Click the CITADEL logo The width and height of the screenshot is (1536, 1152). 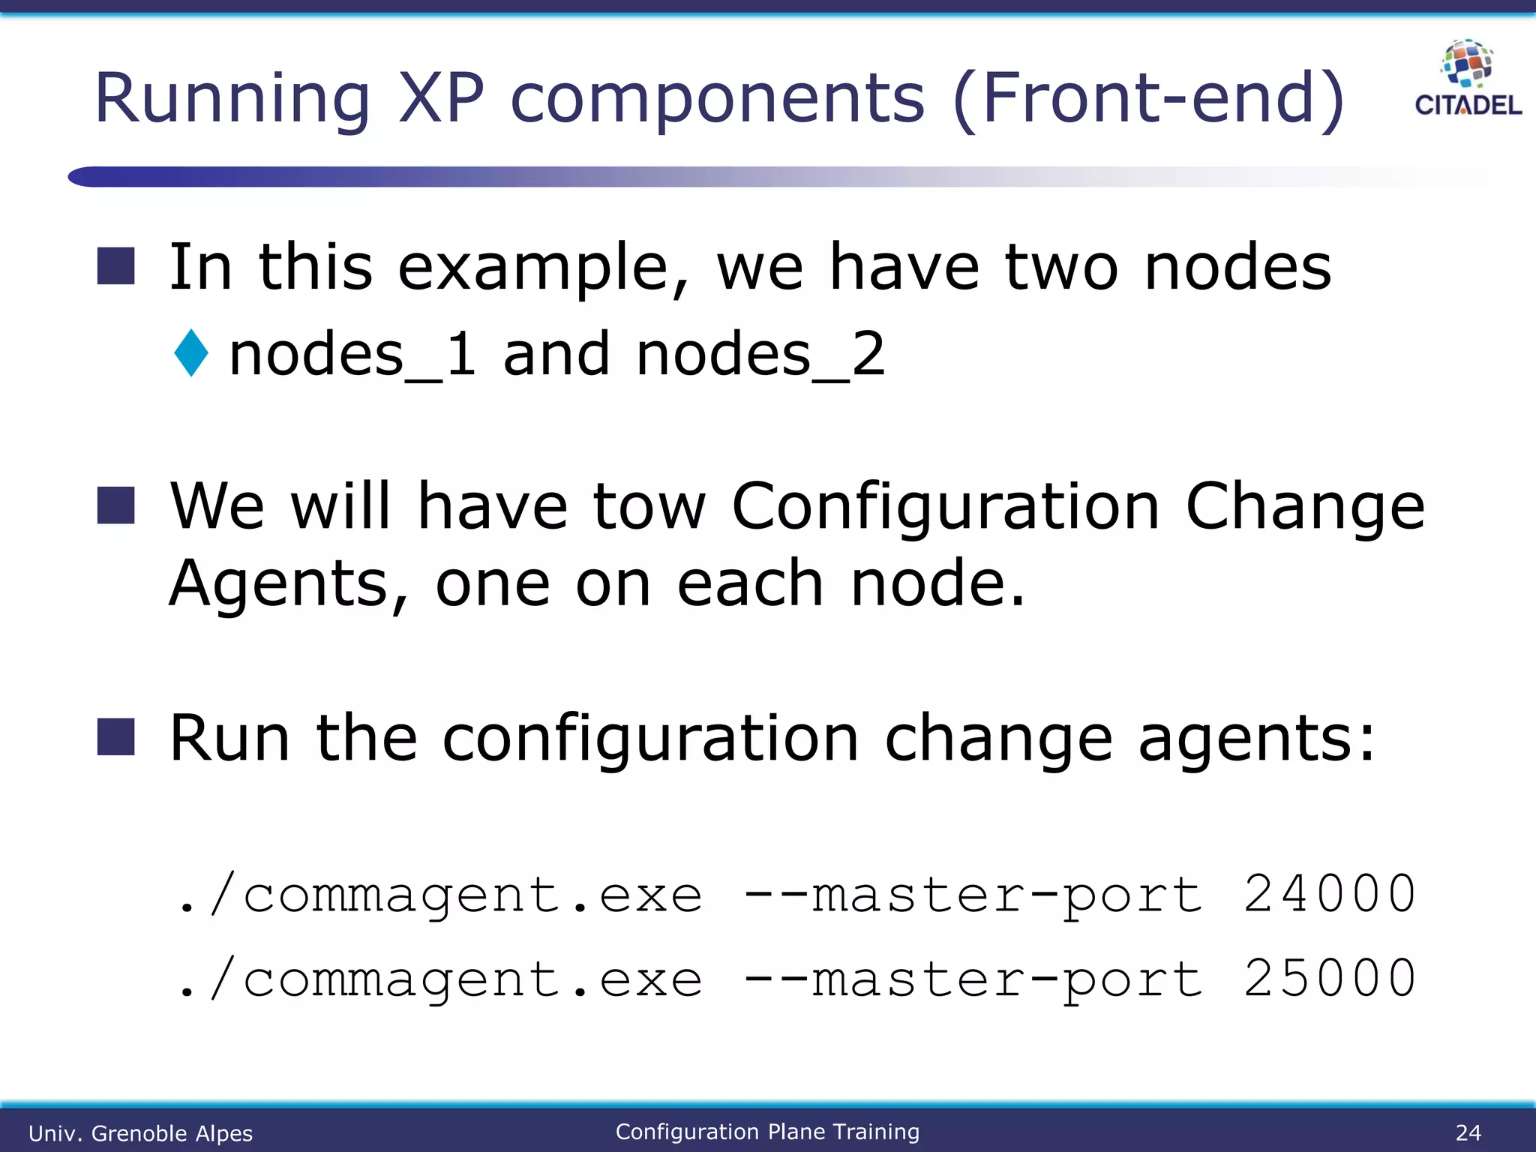coord(1468,79)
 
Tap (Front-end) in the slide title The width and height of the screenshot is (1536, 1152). coord(1149,99)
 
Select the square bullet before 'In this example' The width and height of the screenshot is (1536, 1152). coord(116,266)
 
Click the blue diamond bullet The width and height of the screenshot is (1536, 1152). coord(191,352)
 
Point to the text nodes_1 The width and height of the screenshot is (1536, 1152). coord(352,354)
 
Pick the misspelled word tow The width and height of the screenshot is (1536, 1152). coord(649,506)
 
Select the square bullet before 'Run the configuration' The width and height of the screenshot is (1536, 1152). coord(116,736)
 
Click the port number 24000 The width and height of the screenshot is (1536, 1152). coord(1329,894)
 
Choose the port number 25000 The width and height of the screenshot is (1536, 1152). coord(1329,979)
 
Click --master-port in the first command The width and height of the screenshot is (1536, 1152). coord(973,895)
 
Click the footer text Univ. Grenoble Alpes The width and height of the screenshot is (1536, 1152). coord(140,1133)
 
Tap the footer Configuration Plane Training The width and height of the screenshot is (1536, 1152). coord(767,1132)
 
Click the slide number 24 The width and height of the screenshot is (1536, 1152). coord(1468,1132)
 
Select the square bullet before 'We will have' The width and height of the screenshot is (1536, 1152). coord(116,505)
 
